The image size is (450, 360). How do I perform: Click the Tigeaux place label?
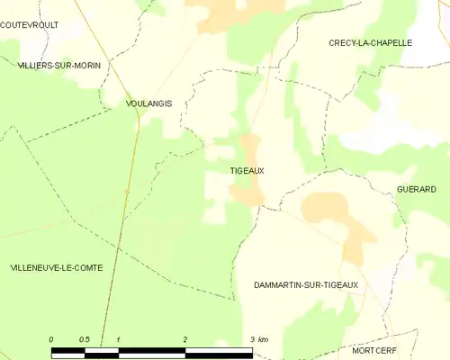pos(247,170)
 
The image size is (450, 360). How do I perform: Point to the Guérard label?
pos(416,189)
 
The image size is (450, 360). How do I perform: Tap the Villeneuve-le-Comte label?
pos(57,268)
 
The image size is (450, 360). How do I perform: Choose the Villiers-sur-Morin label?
pos(59,66)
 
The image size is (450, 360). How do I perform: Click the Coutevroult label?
pos(30,25)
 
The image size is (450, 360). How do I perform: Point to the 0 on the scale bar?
pos(51,339)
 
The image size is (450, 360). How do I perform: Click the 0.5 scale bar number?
pos(85,339)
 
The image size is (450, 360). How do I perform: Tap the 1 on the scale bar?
pos(119,339)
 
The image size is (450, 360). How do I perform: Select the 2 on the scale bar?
pos(185,339)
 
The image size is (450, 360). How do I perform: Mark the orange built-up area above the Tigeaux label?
pos(248,147)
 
